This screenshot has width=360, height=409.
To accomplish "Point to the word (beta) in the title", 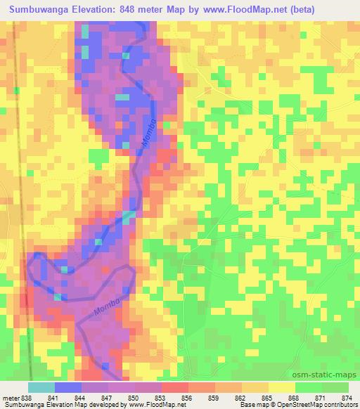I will point(297,9).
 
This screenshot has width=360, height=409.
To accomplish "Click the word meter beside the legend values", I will point(11,398).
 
